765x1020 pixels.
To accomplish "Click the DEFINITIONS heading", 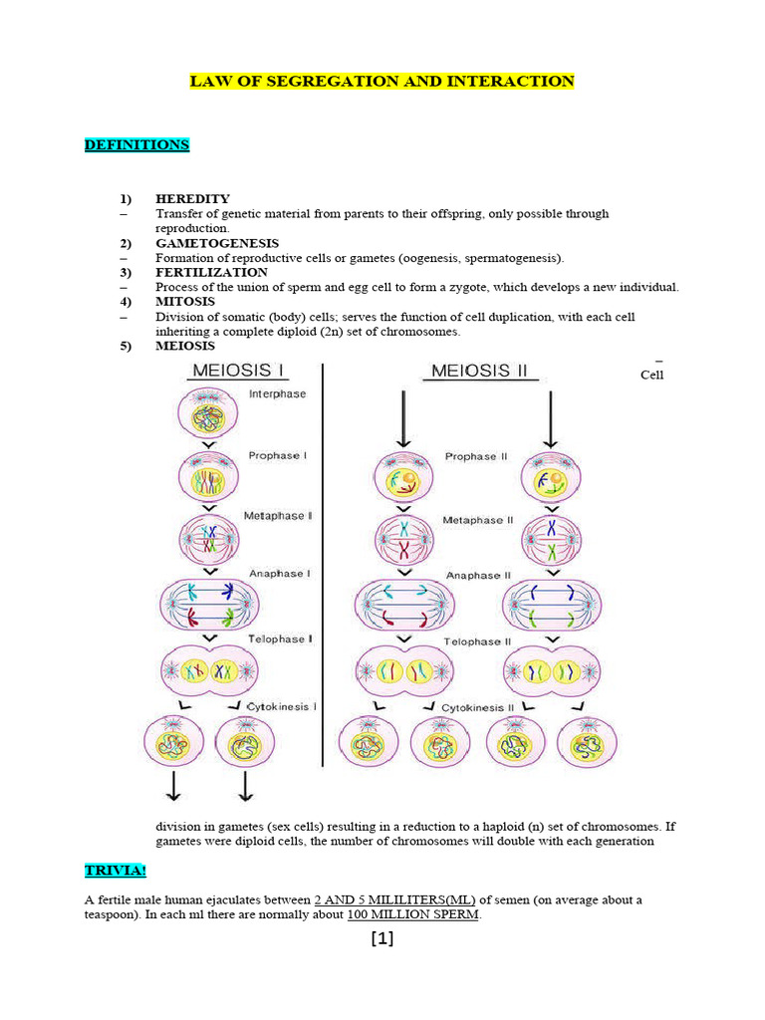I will coord(136,145).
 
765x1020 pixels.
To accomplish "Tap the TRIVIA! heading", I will coord(115,872).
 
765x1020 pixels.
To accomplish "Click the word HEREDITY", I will coord(192,199).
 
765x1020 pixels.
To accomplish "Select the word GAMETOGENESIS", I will coord(217,243).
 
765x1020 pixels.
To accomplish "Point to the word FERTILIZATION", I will coord(211,272).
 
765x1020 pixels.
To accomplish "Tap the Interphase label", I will coord(277,394).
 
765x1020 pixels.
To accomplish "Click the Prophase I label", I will coord(276,455).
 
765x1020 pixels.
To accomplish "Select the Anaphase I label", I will coord(277,574).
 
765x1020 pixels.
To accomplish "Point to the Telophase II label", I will coord(477,641).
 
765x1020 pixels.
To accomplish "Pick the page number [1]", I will coord(382,938).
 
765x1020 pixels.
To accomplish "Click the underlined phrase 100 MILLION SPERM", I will coord(413,915).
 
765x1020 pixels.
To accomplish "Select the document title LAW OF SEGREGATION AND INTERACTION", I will coord(382,82).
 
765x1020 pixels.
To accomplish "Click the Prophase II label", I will coord(476,457).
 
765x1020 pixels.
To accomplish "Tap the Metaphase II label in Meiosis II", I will coord(478,520).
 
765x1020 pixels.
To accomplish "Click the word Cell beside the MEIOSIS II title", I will coord(651,376).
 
